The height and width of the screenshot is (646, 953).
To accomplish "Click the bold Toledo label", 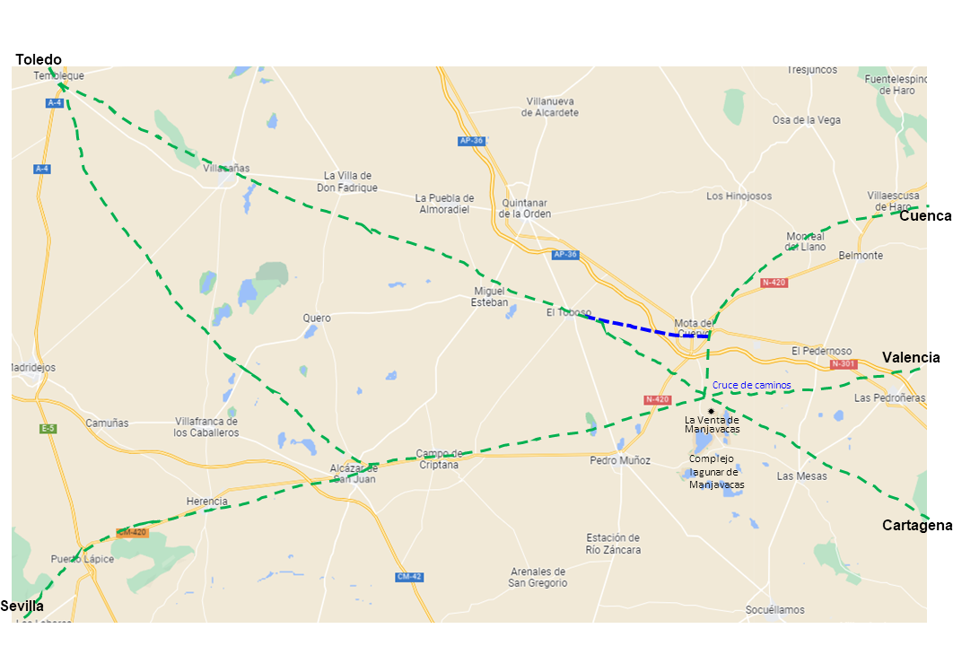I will pos(39,59).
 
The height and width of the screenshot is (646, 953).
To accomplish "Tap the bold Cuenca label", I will pos(925,216).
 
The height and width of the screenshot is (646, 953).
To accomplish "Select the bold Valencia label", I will pos(911,357).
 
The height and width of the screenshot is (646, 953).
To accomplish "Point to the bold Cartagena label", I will pos(916,525).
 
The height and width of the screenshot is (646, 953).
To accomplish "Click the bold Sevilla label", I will pos(22,606).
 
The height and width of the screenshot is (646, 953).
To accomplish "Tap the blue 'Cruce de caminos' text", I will pos(752,385).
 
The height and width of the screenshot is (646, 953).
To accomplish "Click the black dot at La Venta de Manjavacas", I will pos(711,411).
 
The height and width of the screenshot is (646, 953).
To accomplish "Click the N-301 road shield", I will pos(844,364).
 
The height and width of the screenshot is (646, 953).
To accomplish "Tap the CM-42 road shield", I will pos(408,577).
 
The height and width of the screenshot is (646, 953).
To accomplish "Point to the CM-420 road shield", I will pos(131,532).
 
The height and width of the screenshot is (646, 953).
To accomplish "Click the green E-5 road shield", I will pos(48,429).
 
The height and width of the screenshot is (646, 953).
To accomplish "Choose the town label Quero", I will pos(317,319).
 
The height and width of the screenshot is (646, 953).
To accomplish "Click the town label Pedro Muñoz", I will pos(620,460).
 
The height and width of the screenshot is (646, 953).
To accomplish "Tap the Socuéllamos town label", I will pos(774,610).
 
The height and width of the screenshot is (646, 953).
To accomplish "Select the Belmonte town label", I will pos(861,256).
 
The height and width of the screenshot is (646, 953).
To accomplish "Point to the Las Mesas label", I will pos(801,476).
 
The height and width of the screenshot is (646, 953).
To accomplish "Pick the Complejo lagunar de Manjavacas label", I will pos(717,471).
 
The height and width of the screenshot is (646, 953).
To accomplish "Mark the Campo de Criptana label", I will pos(438,458).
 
